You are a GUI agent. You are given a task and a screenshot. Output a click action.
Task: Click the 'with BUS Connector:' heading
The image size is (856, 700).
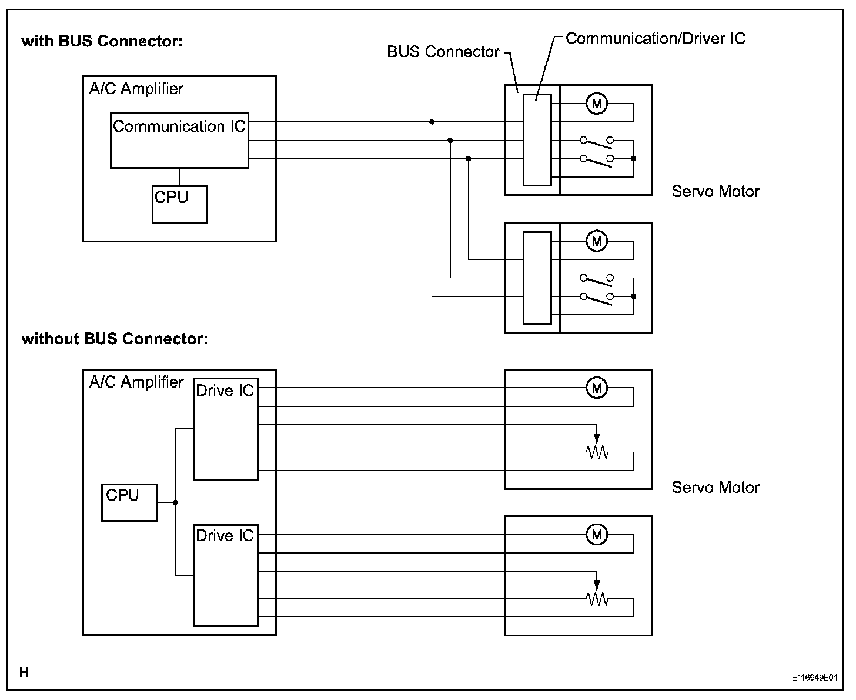pos(102,41)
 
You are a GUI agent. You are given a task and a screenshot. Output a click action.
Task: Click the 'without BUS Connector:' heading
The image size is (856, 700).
pos(115,339)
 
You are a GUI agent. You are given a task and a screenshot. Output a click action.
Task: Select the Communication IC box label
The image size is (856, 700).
pos(179,126)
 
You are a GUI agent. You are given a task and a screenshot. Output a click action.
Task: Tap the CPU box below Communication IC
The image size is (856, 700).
pos(179,204)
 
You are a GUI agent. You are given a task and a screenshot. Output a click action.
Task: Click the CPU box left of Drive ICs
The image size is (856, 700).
pos(129,502)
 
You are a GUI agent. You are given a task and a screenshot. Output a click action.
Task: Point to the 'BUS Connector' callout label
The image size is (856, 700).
pos(443,52)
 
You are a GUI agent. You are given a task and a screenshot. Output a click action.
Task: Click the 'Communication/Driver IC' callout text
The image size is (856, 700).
pos(655,39)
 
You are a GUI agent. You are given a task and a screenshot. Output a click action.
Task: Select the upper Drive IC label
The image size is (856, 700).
pos(225,391)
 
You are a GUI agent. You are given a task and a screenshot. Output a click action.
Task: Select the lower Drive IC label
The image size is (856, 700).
pos(225,536)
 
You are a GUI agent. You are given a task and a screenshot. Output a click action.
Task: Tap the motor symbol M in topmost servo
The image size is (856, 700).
pos(597,104)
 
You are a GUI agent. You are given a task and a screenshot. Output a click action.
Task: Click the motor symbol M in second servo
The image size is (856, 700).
pos(597,241)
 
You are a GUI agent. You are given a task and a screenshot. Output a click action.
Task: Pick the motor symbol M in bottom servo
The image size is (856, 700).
pos(597,535)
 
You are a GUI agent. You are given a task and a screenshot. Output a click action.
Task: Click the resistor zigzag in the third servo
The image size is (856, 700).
pos(597,452)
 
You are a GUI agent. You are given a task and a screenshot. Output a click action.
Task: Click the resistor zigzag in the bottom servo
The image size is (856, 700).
pos(597,599)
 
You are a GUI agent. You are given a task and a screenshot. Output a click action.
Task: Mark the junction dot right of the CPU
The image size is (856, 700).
pos(175,502)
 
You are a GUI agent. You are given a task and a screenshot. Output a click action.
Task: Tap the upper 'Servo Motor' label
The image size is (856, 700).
pos(715,192)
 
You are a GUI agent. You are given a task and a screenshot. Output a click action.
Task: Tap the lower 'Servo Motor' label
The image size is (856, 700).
pos(715,488)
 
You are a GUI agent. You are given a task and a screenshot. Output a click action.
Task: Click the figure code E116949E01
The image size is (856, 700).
pos(814,678)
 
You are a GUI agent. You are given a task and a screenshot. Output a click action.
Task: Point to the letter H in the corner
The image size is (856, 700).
pos(24,672)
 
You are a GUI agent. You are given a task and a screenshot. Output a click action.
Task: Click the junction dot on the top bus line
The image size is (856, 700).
pos(432,122)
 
